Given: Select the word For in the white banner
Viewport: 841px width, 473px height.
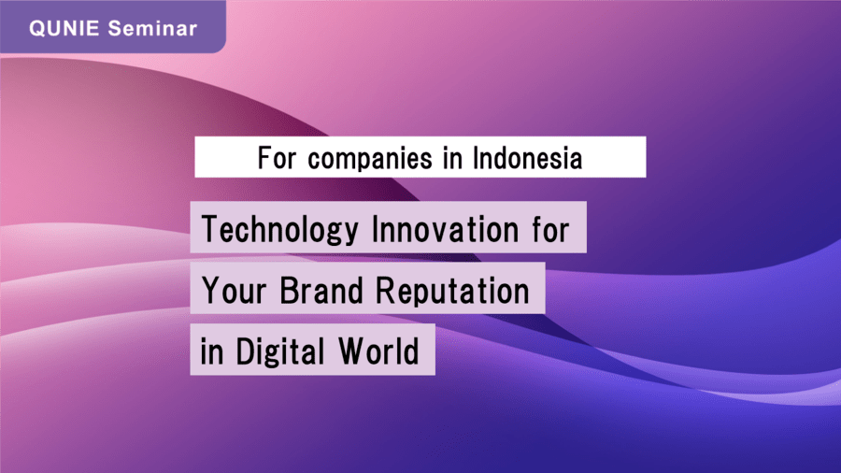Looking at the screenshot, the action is pos(277,158).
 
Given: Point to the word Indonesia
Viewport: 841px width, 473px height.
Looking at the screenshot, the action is pos(527,158).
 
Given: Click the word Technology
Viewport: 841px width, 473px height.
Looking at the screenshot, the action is pos(279,230).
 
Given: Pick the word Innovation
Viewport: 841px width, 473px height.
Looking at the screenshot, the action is pos(446,229).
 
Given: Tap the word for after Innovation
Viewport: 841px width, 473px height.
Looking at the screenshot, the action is pos(550,229).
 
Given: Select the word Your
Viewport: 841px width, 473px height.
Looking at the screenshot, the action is pos(234,290).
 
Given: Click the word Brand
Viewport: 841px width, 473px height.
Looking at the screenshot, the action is pos(321,290).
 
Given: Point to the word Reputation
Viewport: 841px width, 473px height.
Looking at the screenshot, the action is pos(452,292).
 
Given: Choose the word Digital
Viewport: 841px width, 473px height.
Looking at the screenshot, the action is pos(280,351).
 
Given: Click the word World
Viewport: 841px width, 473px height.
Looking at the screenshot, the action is pos(378,351).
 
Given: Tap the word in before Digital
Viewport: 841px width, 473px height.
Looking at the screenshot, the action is pos(212,351).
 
